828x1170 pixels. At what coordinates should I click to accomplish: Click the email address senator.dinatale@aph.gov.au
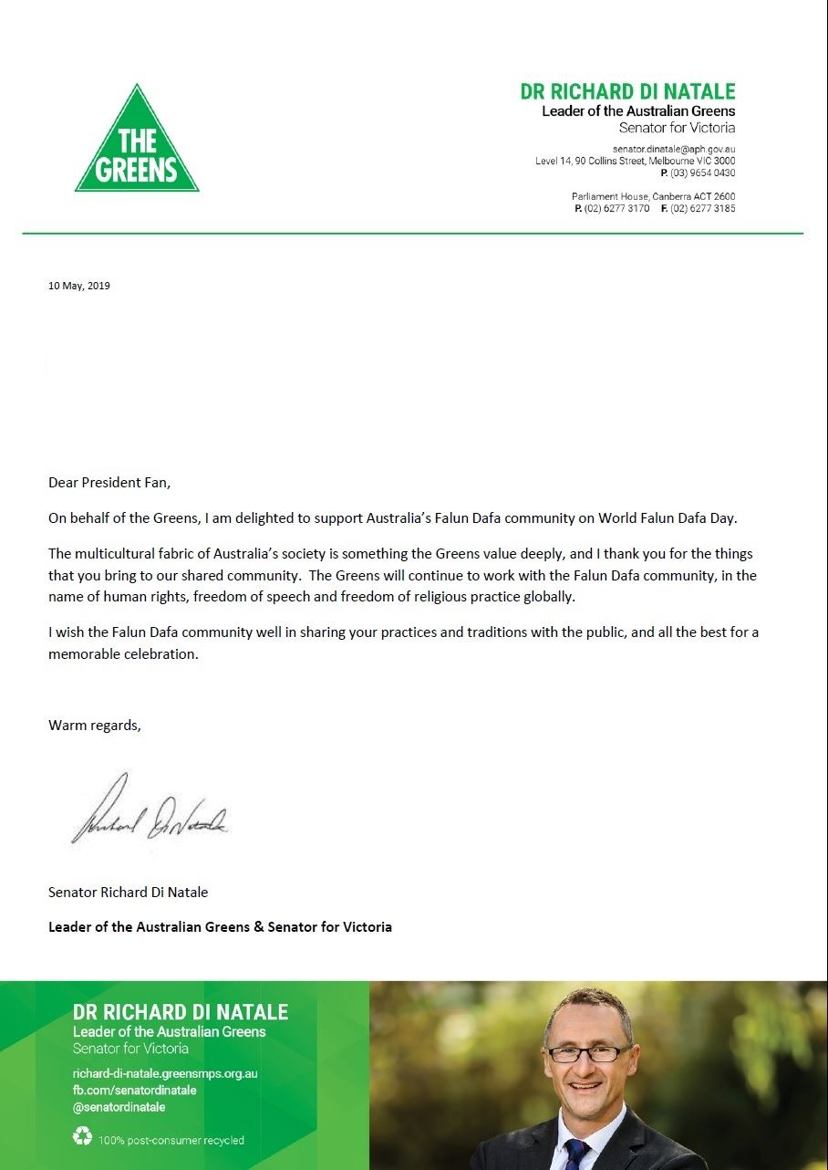[x=673, y=148]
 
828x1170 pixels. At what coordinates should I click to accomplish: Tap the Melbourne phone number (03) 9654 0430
[x=703, y=172]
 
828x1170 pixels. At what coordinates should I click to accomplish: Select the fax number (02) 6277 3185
[x=703, y=209]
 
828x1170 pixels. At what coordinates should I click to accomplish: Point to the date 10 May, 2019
[x=79, y=286]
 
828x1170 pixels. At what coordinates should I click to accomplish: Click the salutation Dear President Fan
[x=109, y=482]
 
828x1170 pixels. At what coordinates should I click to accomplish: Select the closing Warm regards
[x=95, y=726]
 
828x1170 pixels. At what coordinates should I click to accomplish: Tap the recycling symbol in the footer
[x=82, y=1137]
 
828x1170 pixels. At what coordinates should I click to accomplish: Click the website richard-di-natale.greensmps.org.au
[x=165, y=1073]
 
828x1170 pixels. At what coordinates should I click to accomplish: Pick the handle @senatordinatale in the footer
[x=119, y=1107]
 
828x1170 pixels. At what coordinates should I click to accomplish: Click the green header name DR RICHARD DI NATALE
[x=627, y=92]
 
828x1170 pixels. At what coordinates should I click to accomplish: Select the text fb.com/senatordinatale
[x=134, y=1090]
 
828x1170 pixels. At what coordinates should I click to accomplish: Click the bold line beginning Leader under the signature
[x=220, y=926]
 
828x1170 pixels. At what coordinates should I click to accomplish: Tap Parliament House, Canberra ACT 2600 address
[x=653, y=196]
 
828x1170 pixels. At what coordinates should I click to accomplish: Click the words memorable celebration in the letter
[x=123, y=654]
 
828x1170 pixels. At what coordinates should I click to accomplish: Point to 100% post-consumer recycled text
[x=171, y=1140]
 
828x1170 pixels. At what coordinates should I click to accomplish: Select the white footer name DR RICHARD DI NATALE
[x=181, y=1012]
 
